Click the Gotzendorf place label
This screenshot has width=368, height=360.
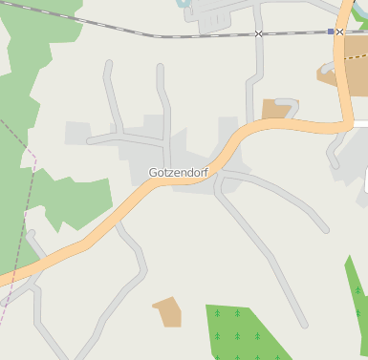179,173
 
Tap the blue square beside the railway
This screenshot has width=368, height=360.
331,32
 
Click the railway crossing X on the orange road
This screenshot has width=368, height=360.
339,32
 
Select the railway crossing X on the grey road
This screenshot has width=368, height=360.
259,33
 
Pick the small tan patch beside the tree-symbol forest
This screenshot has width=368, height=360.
167,311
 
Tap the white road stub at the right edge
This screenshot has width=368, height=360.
360,123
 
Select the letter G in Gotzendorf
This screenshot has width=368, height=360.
153,173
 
